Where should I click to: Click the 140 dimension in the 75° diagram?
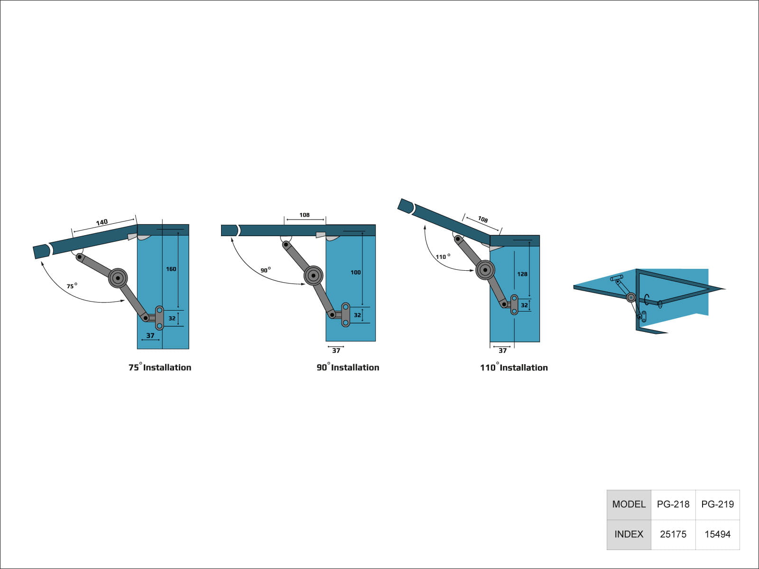[x=102, y=222]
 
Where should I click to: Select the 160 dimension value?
[x=171, y=269]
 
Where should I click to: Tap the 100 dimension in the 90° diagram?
[x=355, y=272]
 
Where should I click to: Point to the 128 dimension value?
[x=522, y=274]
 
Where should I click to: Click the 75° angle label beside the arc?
[x=72, y=286]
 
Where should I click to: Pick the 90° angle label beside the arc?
[x=266, y=270]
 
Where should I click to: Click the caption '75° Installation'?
[x=160, y=367]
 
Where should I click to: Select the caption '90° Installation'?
[x=348, y=367]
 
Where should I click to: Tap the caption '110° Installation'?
[x=514, y=367]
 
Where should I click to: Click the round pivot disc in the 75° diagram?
[x=118, y=278]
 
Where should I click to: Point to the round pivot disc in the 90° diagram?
[x=313, y=275]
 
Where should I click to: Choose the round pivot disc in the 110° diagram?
[x=485, y=270]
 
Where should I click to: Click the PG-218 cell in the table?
[x=673, y=504]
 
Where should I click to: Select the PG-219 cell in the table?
[x=717, y=504]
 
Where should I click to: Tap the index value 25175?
[x=673, y=534]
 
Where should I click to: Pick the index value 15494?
[x=717, y=534]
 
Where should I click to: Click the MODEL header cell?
[x=629, y=504]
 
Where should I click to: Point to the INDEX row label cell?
[x=629, y=534]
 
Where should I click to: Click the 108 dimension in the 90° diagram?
[x=305, y=215]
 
